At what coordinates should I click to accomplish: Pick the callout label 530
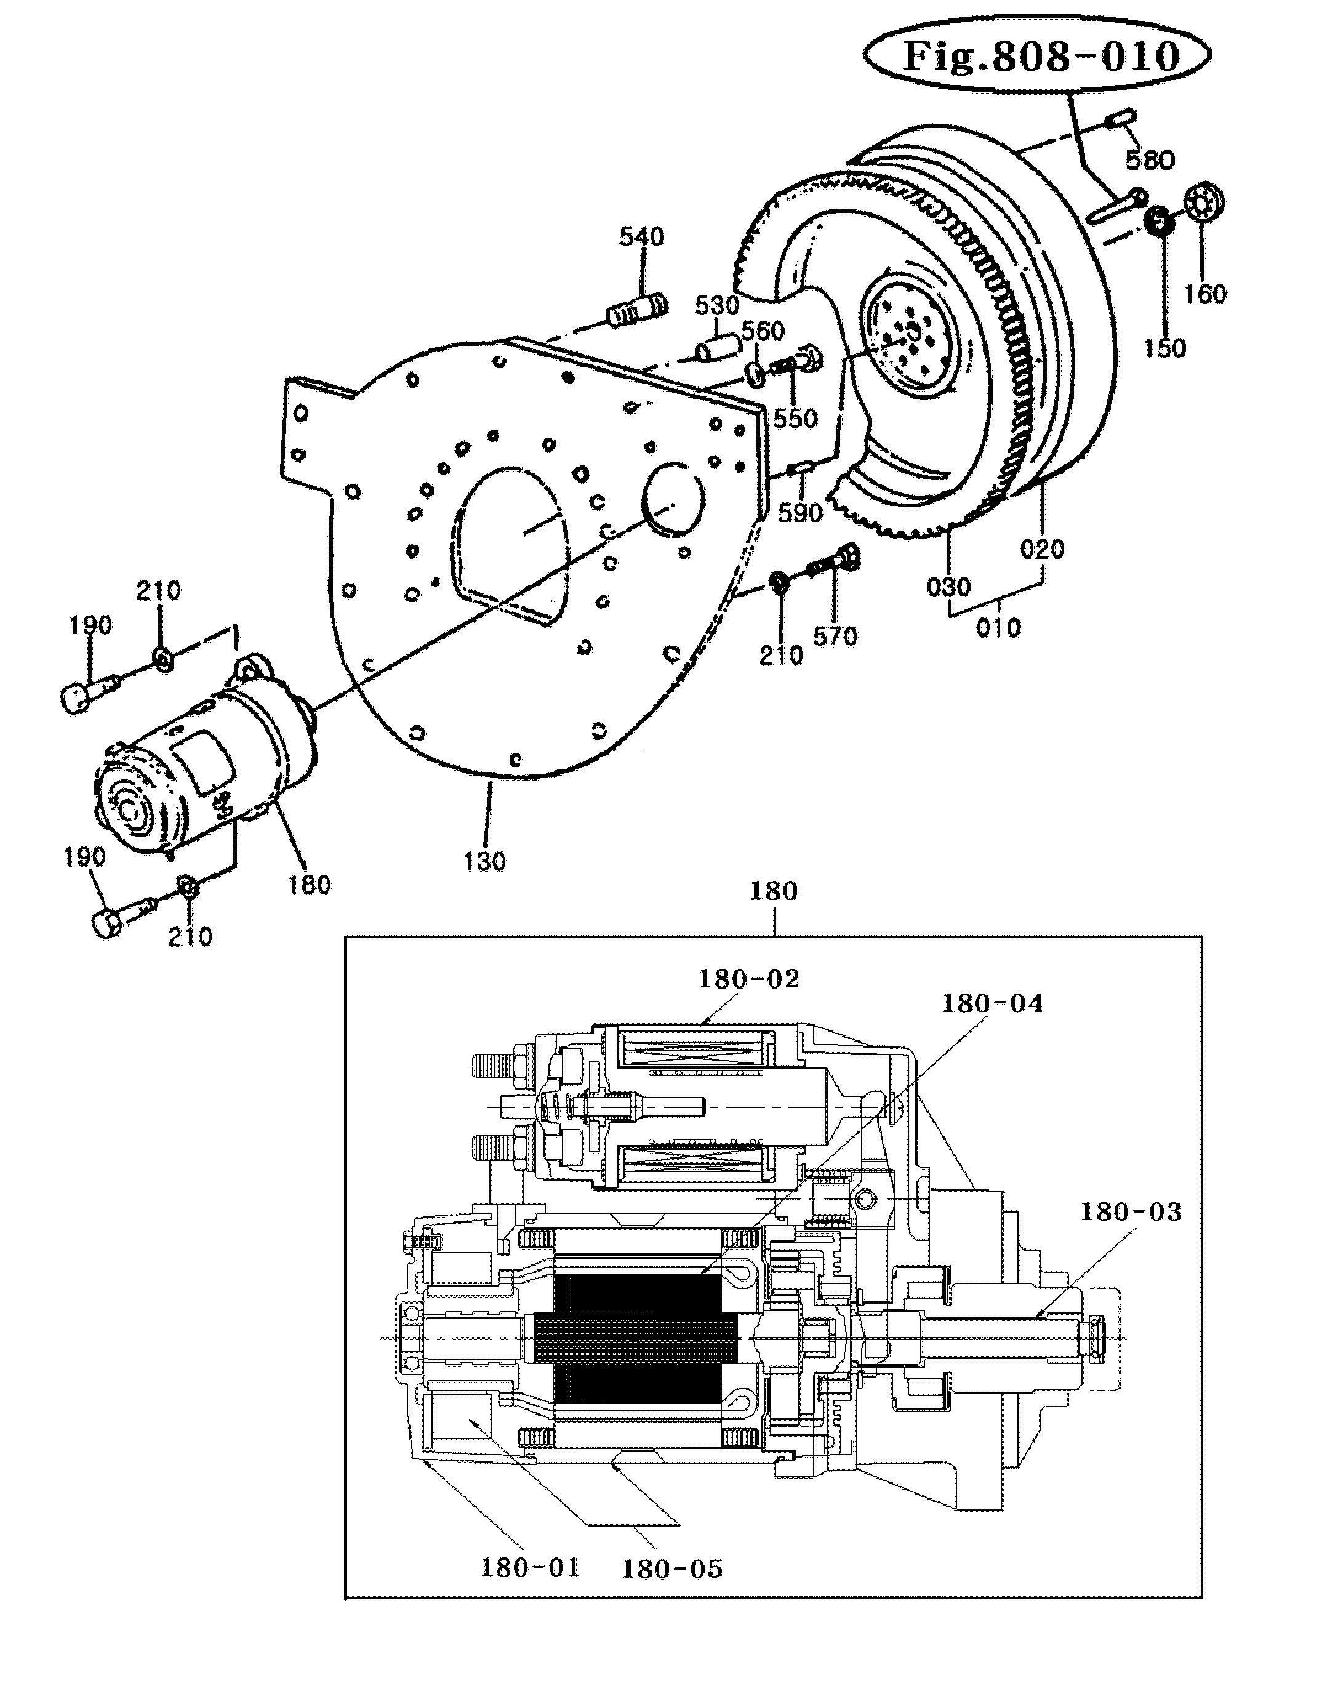point(716,305)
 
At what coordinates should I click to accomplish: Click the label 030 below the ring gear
point(948,586)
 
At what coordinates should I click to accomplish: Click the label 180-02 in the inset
point(749,979)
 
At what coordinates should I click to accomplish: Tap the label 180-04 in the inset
point(992,1003)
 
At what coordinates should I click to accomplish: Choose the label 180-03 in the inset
point(1131,1212)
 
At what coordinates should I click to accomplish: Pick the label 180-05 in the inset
point(672,1569)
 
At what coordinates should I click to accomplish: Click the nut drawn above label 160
point(1204,204)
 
